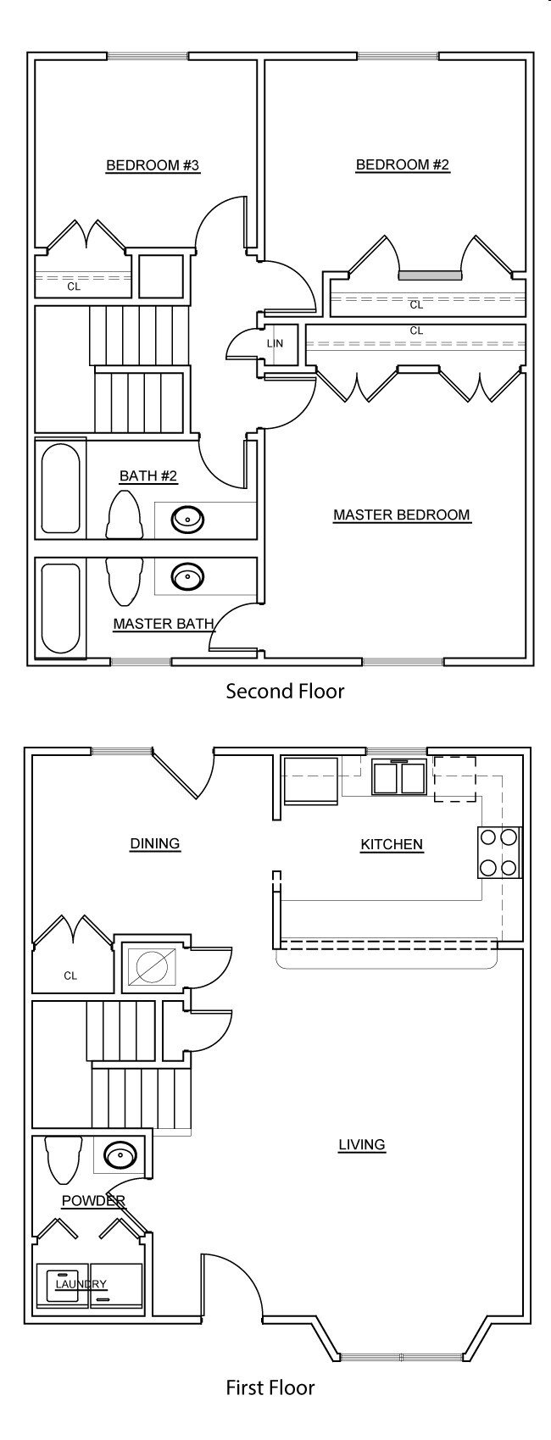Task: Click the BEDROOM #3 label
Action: [x=153, y=165]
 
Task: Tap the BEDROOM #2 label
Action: [x=403, y=164]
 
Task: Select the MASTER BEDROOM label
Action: [x=402, y=515]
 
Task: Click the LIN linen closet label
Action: [x=275, y=343]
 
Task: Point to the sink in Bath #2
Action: [x=187, y=518]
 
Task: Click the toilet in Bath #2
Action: [x=124, y=514]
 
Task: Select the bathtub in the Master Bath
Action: [x=61, y=609]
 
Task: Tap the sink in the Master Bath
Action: [x=187, y=576]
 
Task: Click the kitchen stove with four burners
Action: [x=498, y=853]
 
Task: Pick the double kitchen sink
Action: [x=398, y=776]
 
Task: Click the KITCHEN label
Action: [x=392, y=844]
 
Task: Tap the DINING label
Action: [x=155, y=843]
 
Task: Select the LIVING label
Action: [x=362, y=1144]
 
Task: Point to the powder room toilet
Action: [x=63, y=1159]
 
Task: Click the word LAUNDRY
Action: [x=81, y=1284]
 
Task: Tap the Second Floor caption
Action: [x=285, y=692]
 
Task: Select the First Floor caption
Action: [x=270, y=1387]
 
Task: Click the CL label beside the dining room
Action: [x=70, y=976]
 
